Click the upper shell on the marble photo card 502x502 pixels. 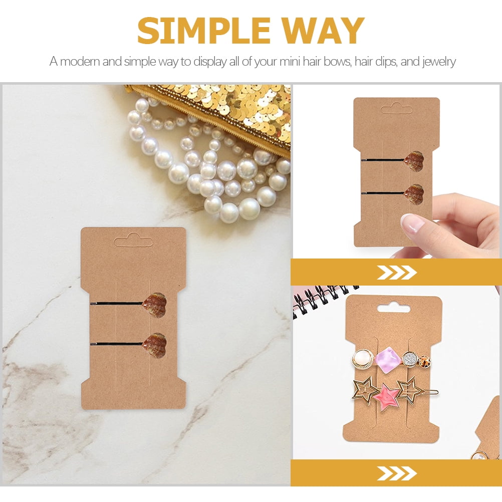[154, 305]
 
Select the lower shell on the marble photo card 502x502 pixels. [154, 345]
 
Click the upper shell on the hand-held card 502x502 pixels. [414, 161]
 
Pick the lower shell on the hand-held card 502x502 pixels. [414, 194]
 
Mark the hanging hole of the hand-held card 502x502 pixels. [396, 108]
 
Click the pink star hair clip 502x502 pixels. [386, 397]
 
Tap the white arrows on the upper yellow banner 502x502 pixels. [396, 273]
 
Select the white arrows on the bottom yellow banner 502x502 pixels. [396, 473]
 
